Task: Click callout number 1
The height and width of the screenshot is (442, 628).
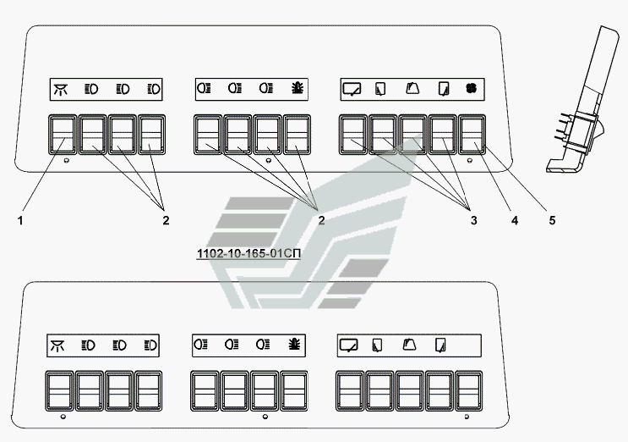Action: [x=20, y=220]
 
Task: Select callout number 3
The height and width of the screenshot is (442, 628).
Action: [x=474, y=220]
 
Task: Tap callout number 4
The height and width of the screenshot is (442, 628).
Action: [x=515, y=220]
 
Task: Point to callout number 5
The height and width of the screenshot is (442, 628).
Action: [x=552, y=220]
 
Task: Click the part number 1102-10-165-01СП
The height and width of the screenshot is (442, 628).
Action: [x=248, y=253]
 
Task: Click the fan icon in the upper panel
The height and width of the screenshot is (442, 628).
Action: [x=472, y=88]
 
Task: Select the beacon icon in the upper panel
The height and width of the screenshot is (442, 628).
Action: [x=298, y=88]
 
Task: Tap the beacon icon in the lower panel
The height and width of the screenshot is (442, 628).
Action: [x=294, y=344]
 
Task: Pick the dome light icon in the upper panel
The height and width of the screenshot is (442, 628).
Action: [x=61, y=89]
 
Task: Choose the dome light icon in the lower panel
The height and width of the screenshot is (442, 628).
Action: [x=57, y=345]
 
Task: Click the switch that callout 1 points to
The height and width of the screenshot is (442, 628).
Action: [x=63, y=135]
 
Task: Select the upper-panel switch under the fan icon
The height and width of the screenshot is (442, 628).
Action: [x=472, y=135]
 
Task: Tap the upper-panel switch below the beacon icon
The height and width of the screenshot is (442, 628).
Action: [x=298, y=135]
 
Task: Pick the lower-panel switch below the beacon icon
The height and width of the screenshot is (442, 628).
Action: [x=294, y=391]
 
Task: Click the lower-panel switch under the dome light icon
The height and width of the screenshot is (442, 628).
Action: [x=60, y=391]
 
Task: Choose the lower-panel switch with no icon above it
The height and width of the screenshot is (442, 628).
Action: [x=468, y=391]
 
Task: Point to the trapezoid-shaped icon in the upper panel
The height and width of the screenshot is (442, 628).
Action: [x=412, y=88]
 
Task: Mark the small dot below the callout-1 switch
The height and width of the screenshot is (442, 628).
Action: [x=67, y=161]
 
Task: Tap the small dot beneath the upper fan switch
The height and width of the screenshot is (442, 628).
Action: [x=470, y=161]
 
